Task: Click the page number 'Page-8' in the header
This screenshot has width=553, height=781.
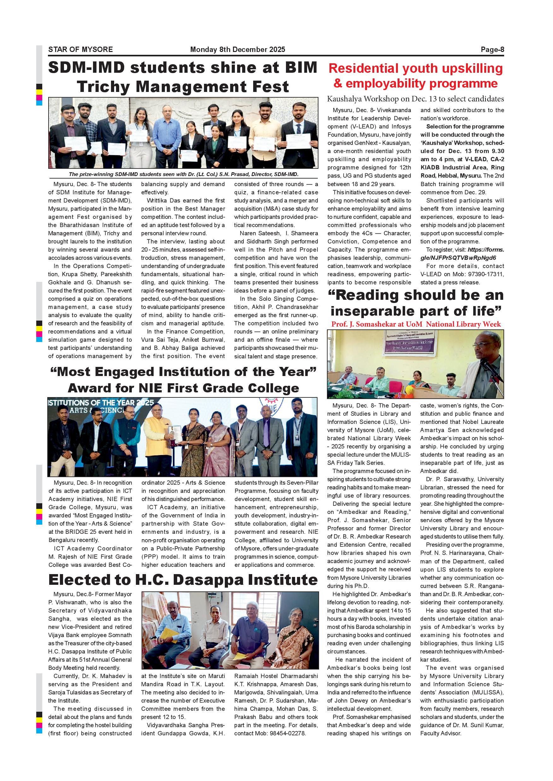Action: [492, 50]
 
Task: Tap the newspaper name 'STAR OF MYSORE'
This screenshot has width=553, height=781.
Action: [80, 50]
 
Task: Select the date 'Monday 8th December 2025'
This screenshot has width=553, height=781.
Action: [237, 50]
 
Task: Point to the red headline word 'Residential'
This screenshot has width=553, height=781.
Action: [363, 68]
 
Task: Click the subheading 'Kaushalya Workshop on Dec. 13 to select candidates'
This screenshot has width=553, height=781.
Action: [415, 99]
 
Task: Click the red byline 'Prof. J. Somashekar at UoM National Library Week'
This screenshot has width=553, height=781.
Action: [416, 324]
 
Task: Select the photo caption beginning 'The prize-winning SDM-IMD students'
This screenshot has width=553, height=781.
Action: [183, 174]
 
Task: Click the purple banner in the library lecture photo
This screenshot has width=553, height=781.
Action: [408, 345]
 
